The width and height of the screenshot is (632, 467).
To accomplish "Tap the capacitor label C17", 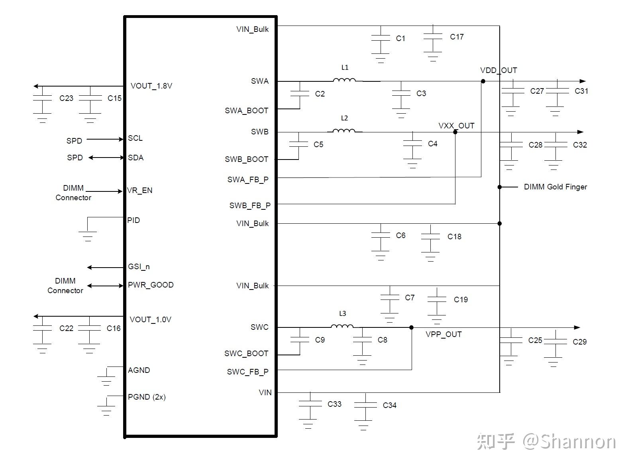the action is point(457,37).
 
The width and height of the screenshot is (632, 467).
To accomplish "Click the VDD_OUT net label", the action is point(498,71).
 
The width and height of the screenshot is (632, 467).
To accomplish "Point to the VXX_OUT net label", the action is point(456,126).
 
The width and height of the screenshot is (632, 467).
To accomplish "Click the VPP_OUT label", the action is point(443,334).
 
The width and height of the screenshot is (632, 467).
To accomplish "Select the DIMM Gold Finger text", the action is point(555,187).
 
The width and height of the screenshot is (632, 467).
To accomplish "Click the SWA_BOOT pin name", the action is point(246,110).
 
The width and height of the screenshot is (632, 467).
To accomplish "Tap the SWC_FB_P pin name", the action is point(247,372).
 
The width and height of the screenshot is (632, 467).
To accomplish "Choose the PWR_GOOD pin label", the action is point(151,285).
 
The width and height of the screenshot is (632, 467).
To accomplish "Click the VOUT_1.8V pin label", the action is point(151,86).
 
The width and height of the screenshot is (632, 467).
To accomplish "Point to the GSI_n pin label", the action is point(139,266).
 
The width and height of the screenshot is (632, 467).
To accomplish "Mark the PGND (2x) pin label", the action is point(147,397).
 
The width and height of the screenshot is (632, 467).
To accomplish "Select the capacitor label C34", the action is point(389,405).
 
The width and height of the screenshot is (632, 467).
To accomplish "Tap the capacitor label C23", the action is point(66,98).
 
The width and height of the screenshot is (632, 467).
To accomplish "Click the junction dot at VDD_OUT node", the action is point(483,81).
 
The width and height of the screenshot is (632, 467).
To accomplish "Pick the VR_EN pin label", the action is point(139,190).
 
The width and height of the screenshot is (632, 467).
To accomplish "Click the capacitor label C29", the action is point(579,342).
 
